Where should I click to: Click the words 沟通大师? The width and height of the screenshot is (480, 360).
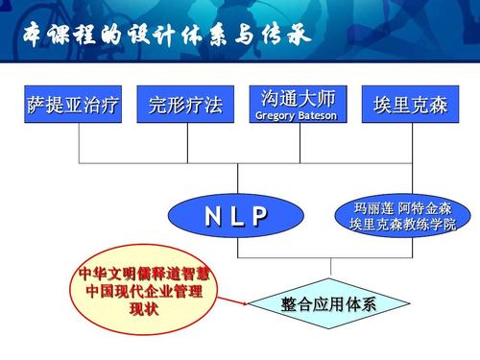pos(298,98)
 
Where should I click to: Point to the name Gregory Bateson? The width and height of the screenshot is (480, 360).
pos(298,116)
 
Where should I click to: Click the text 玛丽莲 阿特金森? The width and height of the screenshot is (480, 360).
pos(403,207)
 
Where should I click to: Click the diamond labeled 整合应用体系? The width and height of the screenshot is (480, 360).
pos(329,304)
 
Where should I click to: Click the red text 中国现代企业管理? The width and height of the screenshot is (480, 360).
pos(144,292)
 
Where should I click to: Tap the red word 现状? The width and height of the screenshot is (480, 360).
pos(143,308)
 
